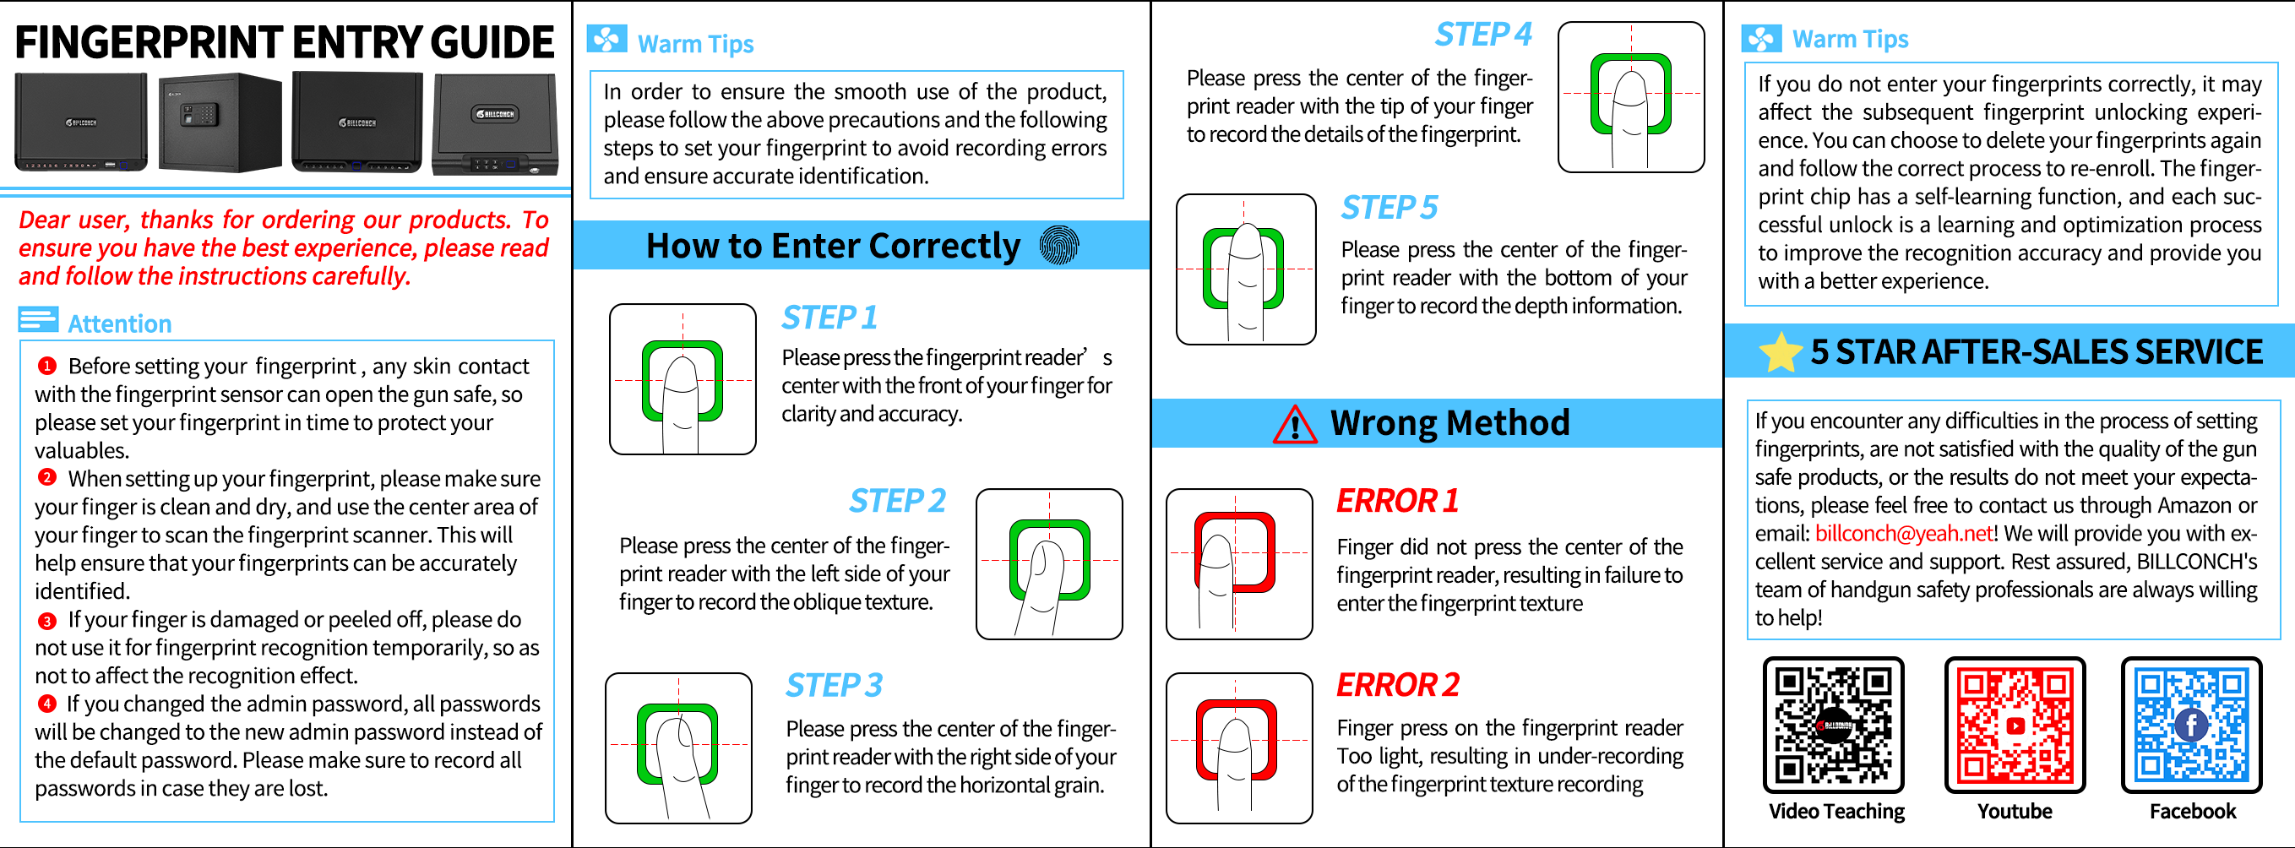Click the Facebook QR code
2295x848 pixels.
pos(2191,724)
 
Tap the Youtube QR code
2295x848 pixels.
pos(2015,724)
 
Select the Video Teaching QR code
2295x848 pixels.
pos(1834,724)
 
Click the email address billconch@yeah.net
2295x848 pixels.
pos(1904,534)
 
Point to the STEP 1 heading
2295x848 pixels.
pos(829,317)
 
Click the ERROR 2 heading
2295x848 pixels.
pos(1398,684)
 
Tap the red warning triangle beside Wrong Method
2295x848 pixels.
pos(1296,424)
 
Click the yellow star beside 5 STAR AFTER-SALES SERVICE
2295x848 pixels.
pos(1781,352)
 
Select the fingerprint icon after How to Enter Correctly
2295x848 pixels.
pos(1059,245)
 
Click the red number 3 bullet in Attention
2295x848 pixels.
pos(47,620)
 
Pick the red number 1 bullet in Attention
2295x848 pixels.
pos(47,365)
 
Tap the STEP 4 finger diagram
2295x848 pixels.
pos(1630,96)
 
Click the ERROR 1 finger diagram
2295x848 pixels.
pos(1238,564)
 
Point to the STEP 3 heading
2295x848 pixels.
pos(834,685)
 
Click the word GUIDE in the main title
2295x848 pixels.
pos(492,42)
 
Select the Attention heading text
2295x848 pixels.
pos(119,323)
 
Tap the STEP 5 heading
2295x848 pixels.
pos(1390,208)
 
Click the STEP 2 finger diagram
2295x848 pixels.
pos(1048,564)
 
